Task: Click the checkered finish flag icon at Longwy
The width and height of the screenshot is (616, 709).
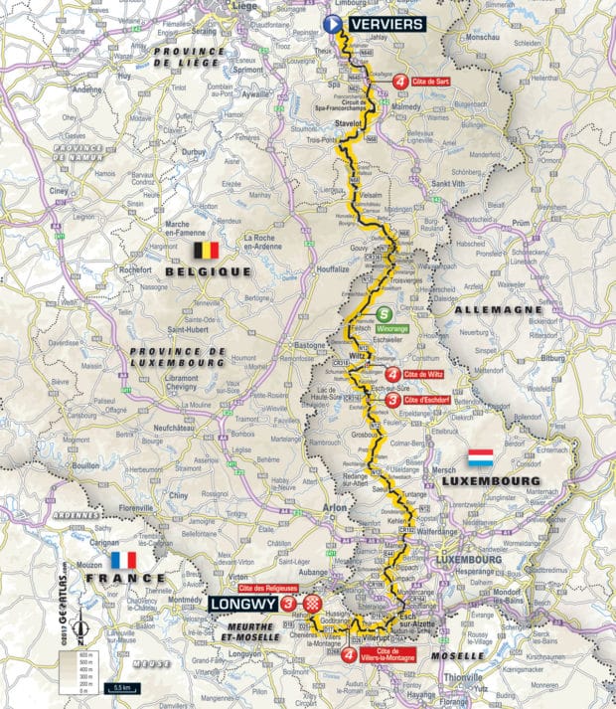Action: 312,604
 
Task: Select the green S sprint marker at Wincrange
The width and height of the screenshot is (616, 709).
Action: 383,315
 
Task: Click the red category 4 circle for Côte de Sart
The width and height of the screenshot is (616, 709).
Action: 398,83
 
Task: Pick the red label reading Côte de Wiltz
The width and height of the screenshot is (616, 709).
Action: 427,374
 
